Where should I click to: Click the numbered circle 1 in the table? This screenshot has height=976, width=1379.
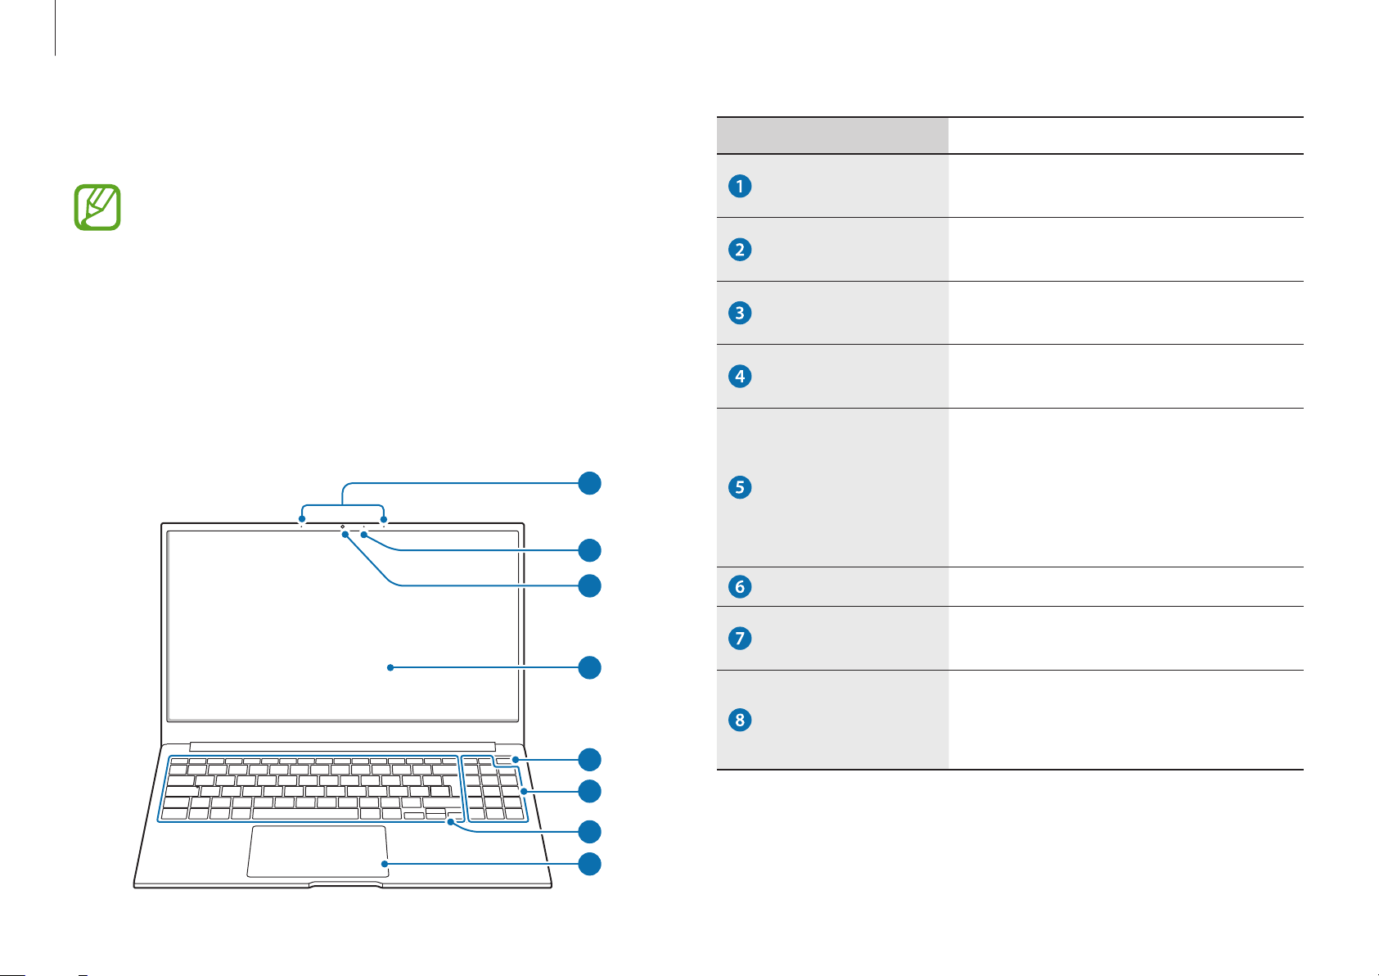click(739, 186)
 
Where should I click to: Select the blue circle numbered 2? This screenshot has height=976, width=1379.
click(739, 250)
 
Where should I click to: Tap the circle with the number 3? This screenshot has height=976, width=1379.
click(739, 313)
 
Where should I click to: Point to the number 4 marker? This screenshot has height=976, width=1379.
click(739, 377)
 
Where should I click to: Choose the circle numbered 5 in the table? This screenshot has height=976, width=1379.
click(739, 487)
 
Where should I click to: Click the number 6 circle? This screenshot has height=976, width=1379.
click(739, 586)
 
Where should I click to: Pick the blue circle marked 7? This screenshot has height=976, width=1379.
click(739, 638)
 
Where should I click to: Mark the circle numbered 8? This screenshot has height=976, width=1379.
click(739, 720)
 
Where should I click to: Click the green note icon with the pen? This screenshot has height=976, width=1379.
click(97, 207)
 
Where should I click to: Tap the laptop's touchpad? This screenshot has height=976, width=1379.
click(318, 851)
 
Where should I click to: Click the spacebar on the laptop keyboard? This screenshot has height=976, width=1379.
click(305, 814)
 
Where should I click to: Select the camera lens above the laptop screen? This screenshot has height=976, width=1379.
click(342, 526)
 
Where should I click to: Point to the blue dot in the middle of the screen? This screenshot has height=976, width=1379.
click(390, 667)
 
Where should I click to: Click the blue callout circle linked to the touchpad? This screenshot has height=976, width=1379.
click(589, 864)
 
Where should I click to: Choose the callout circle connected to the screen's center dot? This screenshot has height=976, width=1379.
click(589, 667)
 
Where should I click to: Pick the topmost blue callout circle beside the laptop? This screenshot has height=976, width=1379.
click(589, 483)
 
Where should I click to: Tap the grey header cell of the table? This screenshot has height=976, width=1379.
click(832, 135)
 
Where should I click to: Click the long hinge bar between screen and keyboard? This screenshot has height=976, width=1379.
click(342, 746)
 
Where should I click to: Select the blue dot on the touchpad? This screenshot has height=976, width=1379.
click(385, 864)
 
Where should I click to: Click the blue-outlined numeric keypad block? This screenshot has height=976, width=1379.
click(494, 789)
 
